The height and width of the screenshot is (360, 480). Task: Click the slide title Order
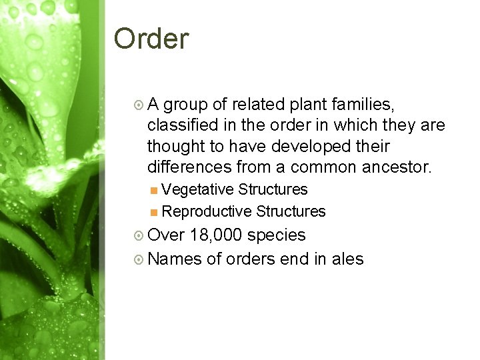point(151,39)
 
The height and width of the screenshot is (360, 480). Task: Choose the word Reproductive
point(207,211)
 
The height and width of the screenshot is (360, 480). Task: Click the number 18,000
point(216,235)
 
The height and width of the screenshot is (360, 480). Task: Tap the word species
point(277,235)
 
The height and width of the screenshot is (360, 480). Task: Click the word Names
point(175,259)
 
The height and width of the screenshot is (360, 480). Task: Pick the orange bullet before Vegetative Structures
point(154,190)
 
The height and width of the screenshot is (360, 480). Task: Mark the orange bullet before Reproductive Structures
point(154,212)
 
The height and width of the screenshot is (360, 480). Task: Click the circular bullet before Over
point(138,236)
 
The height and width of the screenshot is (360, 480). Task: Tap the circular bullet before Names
point(138,259)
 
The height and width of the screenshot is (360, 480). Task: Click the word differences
point(189,166)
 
